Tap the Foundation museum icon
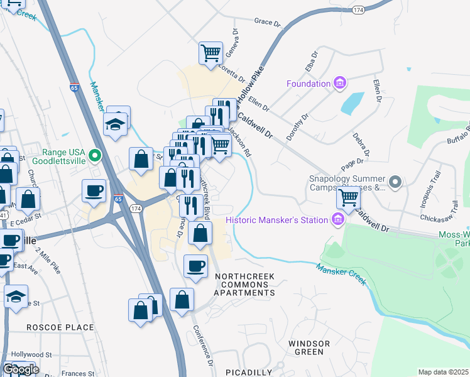tap(340, 83)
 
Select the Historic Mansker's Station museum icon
tap(338, 220)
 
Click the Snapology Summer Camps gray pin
tap(395, 182)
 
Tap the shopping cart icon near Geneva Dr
tap(210, 52)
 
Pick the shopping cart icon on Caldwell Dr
tap(348, 197)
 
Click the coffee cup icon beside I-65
tap(94, 190)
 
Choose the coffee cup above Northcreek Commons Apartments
tap(195, 265)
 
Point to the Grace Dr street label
tap(267, 22)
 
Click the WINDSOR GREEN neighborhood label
tap(309, 347)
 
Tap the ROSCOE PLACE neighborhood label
tap(60, 327)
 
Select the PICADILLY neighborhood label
tap(249, 372)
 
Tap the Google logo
tap(21, 369)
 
